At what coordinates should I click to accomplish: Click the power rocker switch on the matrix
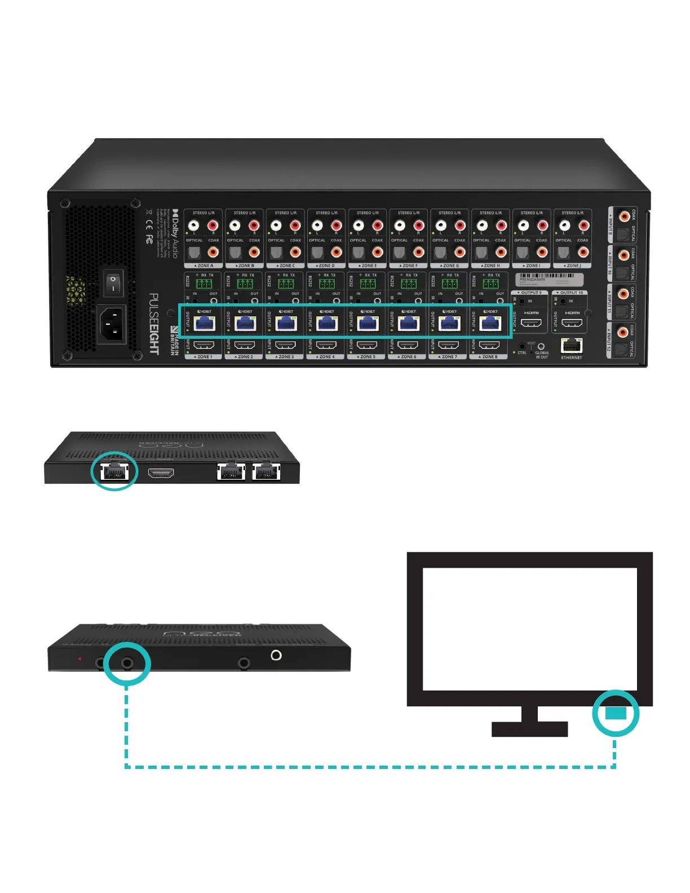tap(113, 283)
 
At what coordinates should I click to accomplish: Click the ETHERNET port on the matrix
tap(572, 346)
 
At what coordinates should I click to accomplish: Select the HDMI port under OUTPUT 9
tap(531, 324)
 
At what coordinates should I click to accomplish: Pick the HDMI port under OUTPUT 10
tap(572, 324)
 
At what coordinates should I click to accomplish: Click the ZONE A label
tap(205, 266)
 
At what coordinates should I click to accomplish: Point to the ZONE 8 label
tap(489, 357)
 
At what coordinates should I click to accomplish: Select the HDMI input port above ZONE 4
tap(326, 345)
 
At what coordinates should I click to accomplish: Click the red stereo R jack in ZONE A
tap(213, 226)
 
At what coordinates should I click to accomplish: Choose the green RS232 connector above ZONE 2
tap(245, 284)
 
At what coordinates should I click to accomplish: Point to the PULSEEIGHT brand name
tap(154, 324)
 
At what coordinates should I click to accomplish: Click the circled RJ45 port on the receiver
tap(114, 471)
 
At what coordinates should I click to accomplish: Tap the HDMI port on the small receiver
tap(161, 473)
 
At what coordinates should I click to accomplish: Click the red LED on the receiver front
tap(79, 658)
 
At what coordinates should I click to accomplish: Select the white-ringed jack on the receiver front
tap(276, 655)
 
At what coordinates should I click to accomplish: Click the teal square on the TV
tap(616, 713)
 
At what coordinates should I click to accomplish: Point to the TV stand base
tap(529, 729)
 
